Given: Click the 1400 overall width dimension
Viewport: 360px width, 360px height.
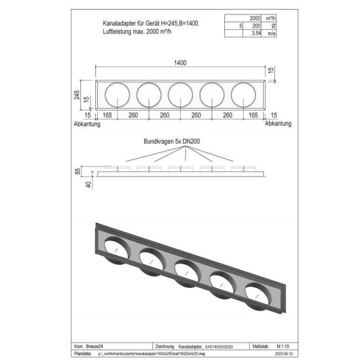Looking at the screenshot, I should (179, 62).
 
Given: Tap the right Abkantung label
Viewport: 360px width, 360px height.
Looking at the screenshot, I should (278, 124).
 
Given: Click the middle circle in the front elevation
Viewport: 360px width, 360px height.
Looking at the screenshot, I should (180, 95).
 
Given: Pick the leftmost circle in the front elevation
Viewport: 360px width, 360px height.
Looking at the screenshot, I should (116, 95).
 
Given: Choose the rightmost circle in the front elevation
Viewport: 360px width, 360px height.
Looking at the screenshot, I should (243, 95).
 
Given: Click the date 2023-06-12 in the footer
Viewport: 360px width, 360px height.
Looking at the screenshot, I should (280, 354).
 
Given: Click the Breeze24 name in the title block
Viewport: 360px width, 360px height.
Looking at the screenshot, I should (95, 346).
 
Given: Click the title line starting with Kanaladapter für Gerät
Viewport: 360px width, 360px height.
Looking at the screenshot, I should (151, 22).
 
